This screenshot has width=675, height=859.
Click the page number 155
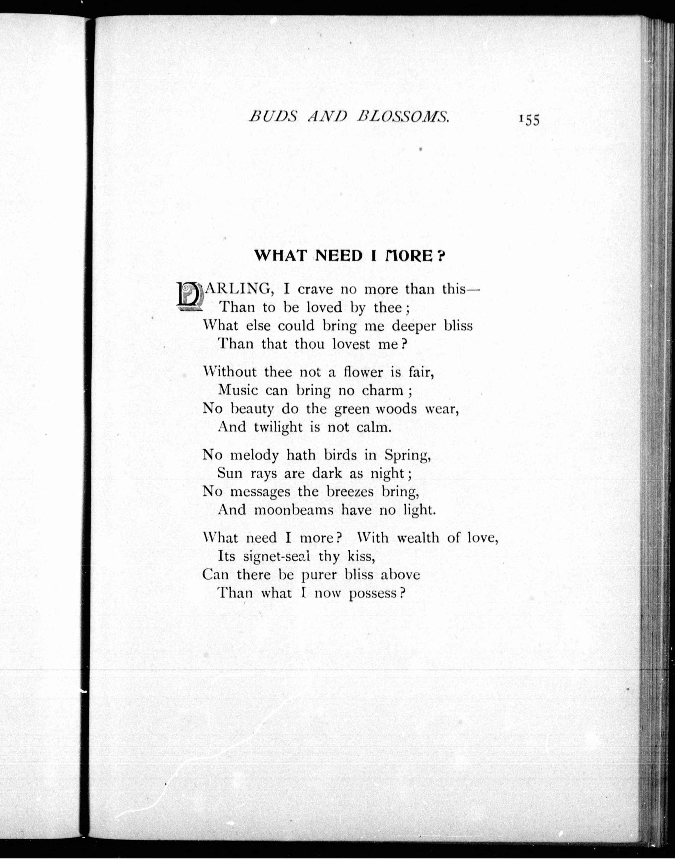point(529,120)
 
